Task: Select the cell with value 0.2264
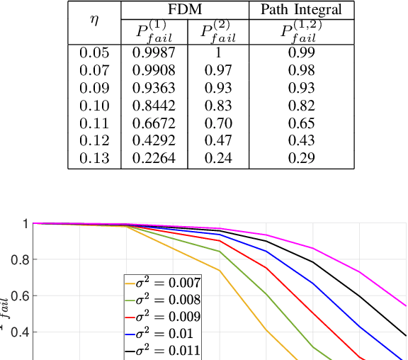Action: (x=154, y=159)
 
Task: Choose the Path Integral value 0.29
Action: (x=301, y=159)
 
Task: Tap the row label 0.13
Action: (x=94, y=159)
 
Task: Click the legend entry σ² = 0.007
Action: (x=163, y=282)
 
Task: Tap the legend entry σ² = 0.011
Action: (x=163, y=349)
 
